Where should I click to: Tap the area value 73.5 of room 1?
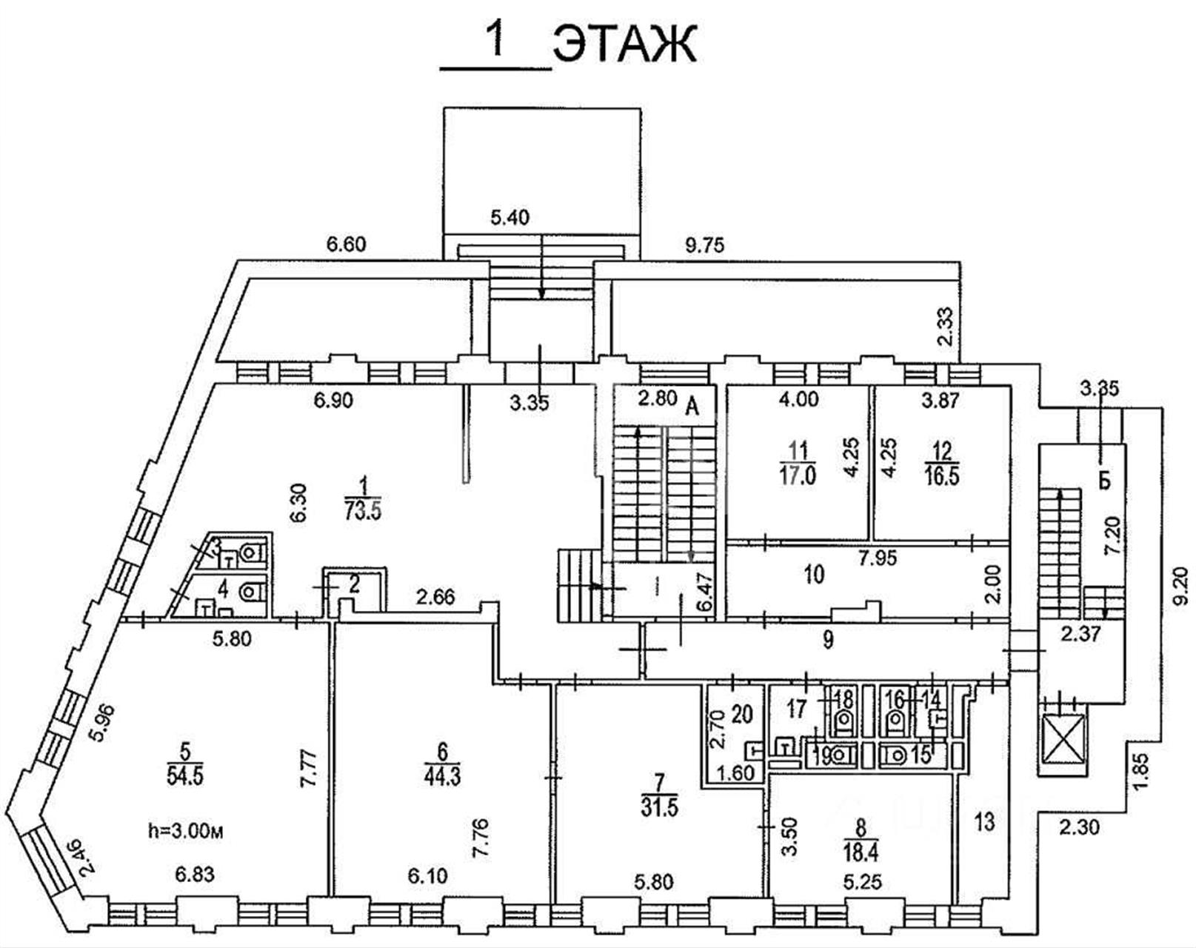(x=362, y=511)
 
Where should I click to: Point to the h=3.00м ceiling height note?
(x=185, y=832)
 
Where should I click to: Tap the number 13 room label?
(x=984, y=822)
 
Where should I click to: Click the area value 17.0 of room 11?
(x=798, y=475)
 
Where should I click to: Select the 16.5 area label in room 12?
(x=942, y=475)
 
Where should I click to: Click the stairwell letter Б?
(x=1104, y=480)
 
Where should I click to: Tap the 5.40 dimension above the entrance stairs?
(x=511, y=218)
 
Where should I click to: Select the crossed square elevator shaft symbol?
(x=1062, y=738)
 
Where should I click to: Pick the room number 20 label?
(x=742, y=714)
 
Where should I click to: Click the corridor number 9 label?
(x=828, y=639)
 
